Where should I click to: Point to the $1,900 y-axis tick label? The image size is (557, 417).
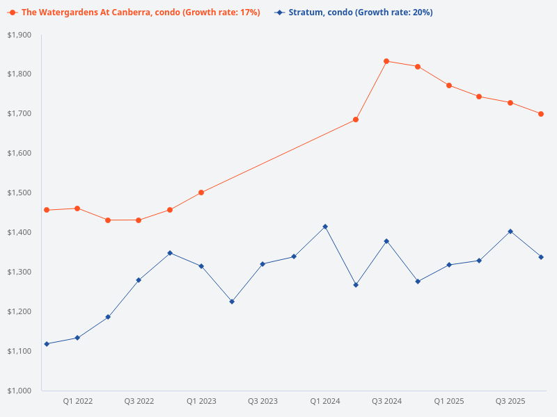click(x=19, y=35)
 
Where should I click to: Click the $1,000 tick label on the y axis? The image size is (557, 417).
click(x=19, y=391)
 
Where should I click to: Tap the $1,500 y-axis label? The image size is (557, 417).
click(x=19, y=193)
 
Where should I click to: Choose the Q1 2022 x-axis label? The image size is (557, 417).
click(x=77, y=401)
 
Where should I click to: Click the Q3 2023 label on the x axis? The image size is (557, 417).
click(x=262, y=401)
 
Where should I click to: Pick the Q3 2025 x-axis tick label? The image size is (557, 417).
click(x=510, y=401)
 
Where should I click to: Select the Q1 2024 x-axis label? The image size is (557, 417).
click(x=324, y=401)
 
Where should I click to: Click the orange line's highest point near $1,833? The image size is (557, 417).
click(x=386, y=61)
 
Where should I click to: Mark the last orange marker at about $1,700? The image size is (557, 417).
click(x=541, y=114)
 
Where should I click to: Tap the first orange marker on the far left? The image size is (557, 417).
click(x=47, y=210)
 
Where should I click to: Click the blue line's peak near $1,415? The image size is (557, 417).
click(x=325, y=227)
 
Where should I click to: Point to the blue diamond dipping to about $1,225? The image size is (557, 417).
click(x=232, y=302)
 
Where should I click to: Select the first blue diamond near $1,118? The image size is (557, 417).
click(x=47, y=344)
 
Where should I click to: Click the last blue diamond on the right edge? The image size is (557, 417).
click(x=541, y=257)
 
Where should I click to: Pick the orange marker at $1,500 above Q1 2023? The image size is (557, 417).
click(x=201, y=193)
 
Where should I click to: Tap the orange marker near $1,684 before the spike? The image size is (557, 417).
click(x=356, y=120)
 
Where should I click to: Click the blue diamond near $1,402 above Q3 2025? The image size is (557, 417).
click(x=510, y=231)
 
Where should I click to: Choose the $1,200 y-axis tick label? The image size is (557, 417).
click(x=19, y=311)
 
